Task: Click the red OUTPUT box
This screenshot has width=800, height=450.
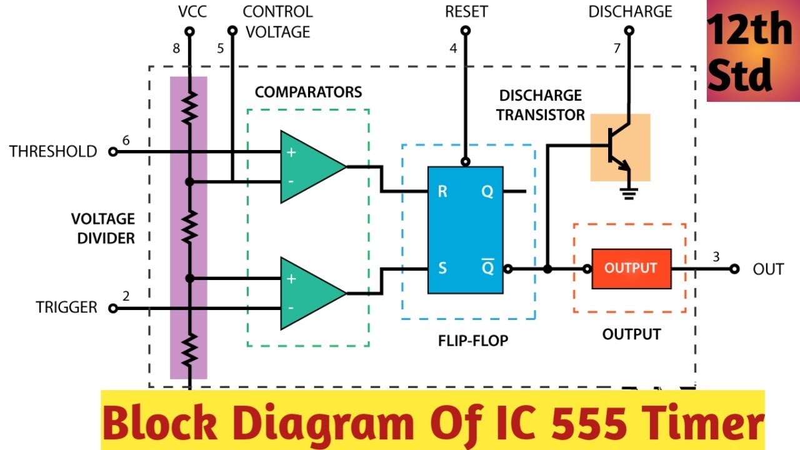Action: click(x=631, y=269)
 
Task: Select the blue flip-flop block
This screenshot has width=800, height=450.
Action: click(x=465, y=230)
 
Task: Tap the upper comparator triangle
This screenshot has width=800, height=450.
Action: click(x=309, y=167)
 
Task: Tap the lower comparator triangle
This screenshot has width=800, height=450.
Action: click(x=309, y=293)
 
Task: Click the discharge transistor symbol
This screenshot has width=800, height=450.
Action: click(x=620, y=147)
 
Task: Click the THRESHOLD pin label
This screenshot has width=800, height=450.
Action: click(x=53, y=152)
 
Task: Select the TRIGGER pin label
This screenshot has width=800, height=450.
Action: click(x=66, y=307)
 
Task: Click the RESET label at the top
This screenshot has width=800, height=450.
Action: click(x=466, y=11)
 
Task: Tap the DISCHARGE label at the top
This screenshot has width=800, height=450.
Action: click(x=630, y=11)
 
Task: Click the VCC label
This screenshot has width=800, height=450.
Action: click(x=192, y=11)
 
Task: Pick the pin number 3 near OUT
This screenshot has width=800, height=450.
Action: click(x=716, y=256)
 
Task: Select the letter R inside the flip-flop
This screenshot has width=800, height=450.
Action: click(x=442, y=191)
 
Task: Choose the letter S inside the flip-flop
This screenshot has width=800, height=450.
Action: click(x=442, y=269)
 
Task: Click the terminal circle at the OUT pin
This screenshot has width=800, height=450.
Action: click(x=734, y=269)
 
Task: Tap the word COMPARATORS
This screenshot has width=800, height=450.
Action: click(x=308, y=92)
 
